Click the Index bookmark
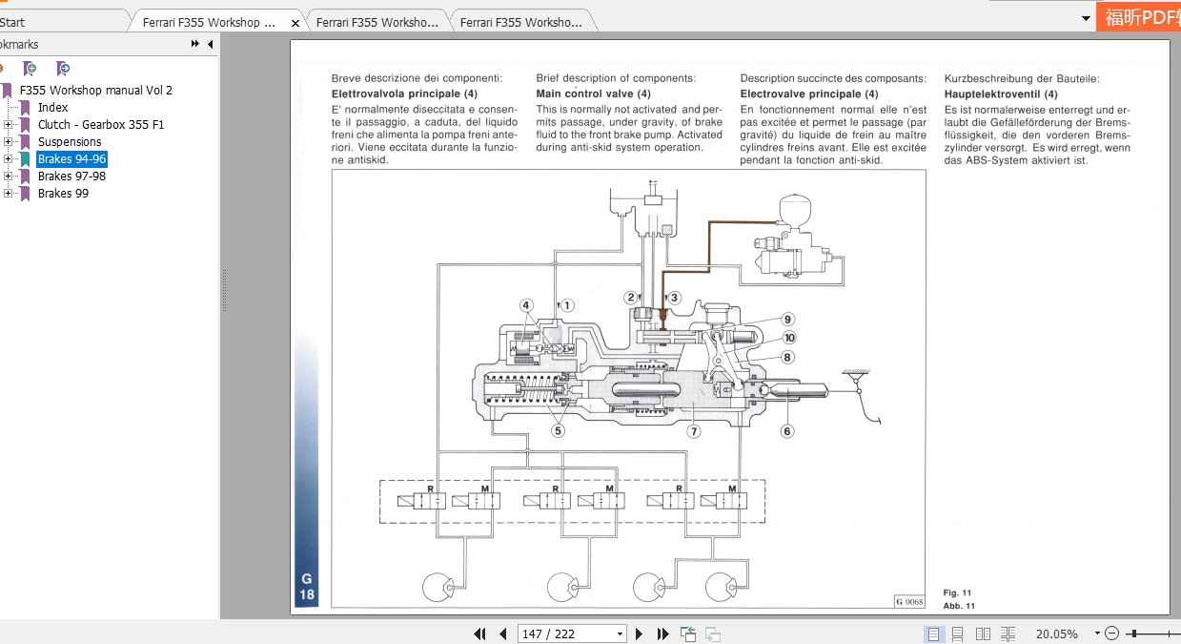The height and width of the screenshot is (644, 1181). [52, 108]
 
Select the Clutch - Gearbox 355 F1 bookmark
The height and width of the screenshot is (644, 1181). [100, 125]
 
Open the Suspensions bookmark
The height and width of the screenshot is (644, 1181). [69, 142]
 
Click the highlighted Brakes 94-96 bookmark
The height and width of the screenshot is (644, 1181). [71, 159]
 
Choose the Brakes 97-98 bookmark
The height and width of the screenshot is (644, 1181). [71, 177]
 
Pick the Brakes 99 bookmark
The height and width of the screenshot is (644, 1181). [63, 194]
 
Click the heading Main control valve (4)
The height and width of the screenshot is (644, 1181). [593, 93]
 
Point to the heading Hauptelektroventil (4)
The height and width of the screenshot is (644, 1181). [1000, 94]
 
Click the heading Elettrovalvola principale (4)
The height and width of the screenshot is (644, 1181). [404, 93]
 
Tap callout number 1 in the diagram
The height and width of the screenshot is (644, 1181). [567, 306]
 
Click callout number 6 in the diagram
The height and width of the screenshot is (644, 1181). [787, 431]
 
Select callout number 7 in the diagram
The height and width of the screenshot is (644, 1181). [694, 431]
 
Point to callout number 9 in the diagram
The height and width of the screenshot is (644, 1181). [788, 320]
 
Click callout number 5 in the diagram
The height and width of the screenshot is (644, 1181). [559, 430]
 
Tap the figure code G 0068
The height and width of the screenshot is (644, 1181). [909, 601]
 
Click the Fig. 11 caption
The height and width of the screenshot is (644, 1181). [958, 592]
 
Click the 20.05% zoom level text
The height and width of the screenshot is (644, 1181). [1056, 634]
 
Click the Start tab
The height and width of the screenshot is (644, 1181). [13, 22]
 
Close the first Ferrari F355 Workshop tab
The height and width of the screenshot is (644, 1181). [295, 23]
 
